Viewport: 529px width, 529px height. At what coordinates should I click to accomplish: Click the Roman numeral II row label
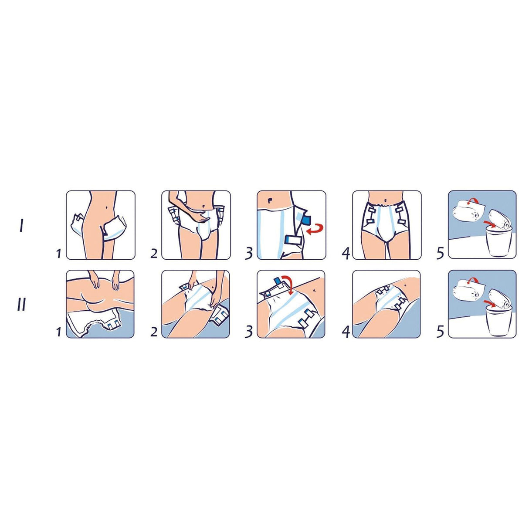point(21,304)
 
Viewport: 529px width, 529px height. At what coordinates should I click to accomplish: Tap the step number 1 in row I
point(58,253)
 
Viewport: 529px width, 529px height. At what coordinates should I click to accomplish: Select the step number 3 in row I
point(249,253)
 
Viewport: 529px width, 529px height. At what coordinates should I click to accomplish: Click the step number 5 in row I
point(440,253)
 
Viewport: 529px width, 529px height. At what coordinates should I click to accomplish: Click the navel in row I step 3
point(271,200)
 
